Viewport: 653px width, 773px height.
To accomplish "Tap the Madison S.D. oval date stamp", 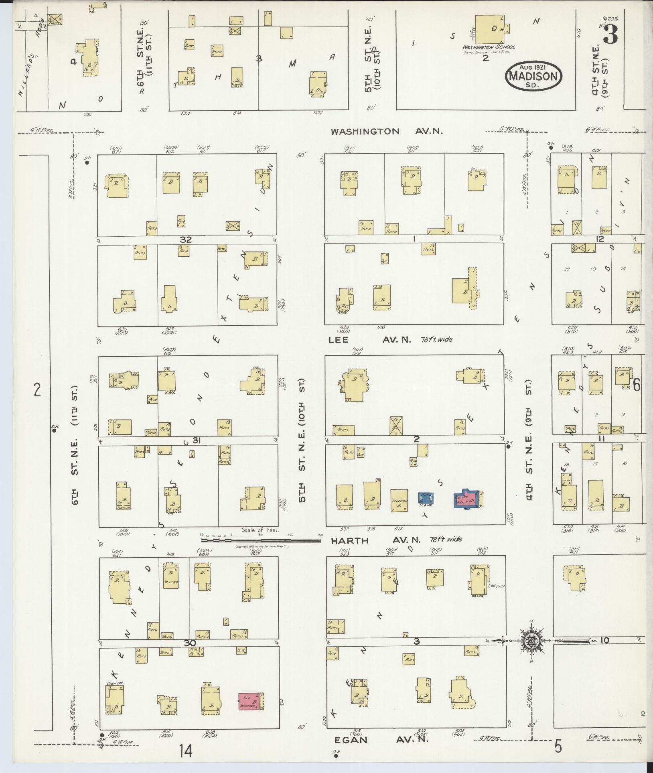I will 533,75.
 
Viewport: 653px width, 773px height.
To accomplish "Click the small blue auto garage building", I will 426,498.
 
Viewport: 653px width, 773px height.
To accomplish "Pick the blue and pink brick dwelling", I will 466,499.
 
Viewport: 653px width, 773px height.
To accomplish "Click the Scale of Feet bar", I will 261,540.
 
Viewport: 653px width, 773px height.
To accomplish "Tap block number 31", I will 196,440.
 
